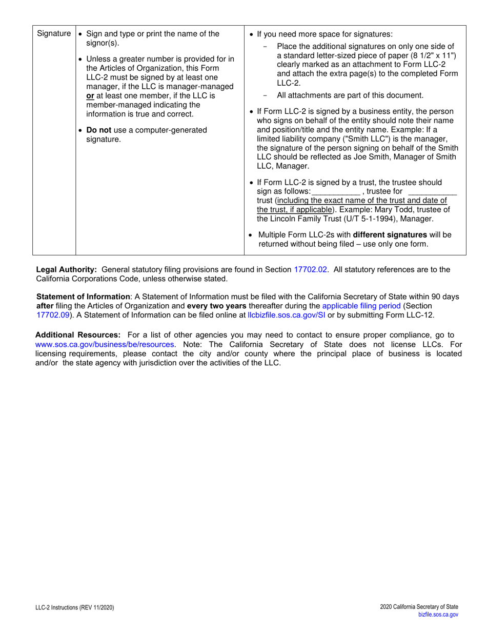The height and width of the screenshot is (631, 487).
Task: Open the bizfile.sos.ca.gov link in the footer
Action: (x=438, y=614)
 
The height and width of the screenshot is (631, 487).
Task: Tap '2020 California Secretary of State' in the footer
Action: (x=419, y=607)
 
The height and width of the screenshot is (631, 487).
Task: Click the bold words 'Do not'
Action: (x=99, y=130)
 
